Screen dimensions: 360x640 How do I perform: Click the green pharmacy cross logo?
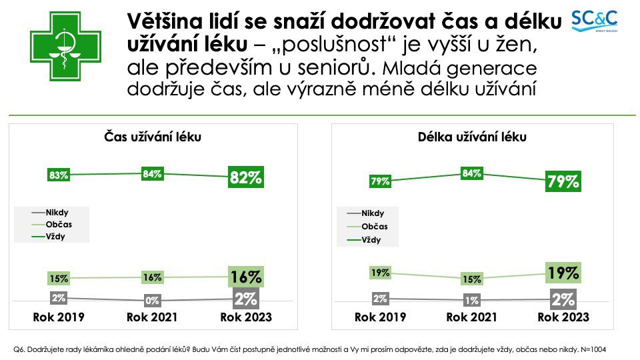click(65, 45)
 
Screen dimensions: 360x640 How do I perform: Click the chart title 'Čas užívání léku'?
click(153, 137)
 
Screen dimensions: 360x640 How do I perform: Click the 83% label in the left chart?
click(59, 176)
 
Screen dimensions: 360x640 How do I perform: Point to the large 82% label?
click(246, 177)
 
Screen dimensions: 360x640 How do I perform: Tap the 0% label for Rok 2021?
click(153, 301)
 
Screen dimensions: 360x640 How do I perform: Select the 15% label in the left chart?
click(59, 278)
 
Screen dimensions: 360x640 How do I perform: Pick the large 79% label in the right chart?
click(563, 181)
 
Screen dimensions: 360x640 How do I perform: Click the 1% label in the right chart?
click(472, 301)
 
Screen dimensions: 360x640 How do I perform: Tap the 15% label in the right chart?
click(472, 279)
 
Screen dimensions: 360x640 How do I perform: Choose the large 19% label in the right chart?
click(563, 273)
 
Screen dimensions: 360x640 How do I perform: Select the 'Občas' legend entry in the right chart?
click(374, 227)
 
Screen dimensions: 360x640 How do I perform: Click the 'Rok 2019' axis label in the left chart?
click(59, 317)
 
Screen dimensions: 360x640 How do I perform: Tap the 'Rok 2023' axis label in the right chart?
click(563, 317)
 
